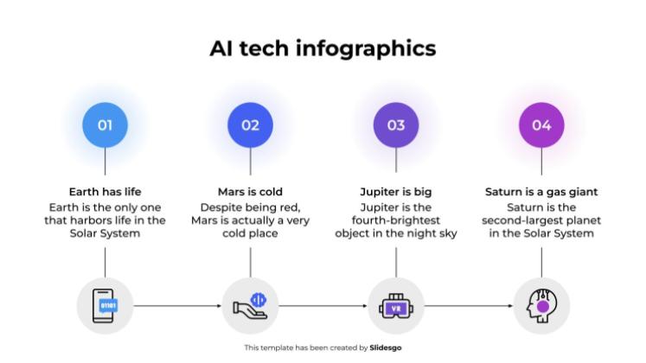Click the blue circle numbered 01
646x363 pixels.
point(105,125)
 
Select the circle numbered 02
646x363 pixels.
point(250,125)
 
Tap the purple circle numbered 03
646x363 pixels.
point(396,125)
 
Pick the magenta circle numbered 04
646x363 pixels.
point(541,125)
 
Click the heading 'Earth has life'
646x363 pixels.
point(105,192)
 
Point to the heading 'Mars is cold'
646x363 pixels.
point(250,192)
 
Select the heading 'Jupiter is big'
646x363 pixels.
point(396,192)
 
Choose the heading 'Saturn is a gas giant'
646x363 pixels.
point(541,192)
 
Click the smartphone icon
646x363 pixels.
point(105,305)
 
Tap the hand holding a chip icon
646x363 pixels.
point(250,305)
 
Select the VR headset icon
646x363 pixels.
point(396,305)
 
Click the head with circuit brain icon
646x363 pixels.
point(541,305)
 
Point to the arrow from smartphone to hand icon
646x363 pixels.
point(177,305)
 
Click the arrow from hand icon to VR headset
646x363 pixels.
point(323,305)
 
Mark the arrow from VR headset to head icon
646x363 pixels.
point(469,305)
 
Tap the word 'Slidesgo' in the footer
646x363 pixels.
point(386,347)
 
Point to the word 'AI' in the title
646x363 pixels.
point(221,48)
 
